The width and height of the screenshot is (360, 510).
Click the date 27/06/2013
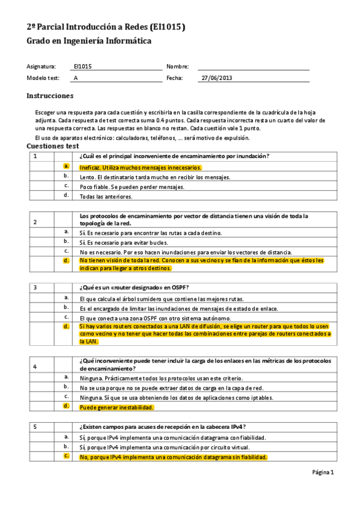(x=216, y=78)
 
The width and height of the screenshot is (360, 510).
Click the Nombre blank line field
(x=253, y=67)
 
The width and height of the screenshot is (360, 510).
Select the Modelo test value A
(x=76, y=78)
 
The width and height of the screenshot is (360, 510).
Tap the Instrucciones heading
(x=50, y=96)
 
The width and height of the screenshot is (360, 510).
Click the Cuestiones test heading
(x=53, y=146)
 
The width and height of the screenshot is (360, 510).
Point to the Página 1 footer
(x=323, y=472)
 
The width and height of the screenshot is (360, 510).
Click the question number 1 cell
(x=35, y=156)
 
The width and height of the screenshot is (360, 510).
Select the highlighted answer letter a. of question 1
(x=66, y=167)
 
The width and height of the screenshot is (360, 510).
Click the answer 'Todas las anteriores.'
(x=106, y=196)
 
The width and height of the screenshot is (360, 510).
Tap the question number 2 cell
(x=35, y=223)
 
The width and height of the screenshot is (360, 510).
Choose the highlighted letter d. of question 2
(x=66, y=260)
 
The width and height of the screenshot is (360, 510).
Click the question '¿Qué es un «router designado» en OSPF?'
(x=138, y=287)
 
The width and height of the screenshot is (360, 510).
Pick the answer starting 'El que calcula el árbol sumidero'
(x=161, y=298)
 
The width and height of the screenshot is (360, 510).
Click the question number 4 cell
(x=35, y=366)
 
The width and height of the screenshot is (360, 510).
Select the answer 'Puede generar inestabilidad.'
(x=117, y=407)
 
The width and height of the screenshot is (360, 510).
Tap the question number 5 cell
(x=35, y=426)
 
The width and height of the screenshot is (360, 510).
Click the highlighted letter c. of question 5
(x=66, y=456)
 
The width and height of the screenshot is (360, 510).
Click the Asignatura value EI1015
(x=83, y=67)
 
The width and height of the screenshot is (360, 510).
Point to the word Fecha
(x=174, y=78)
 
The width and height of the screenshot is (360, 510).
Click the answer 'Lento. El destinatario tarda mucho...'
(x=154, y=177)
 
